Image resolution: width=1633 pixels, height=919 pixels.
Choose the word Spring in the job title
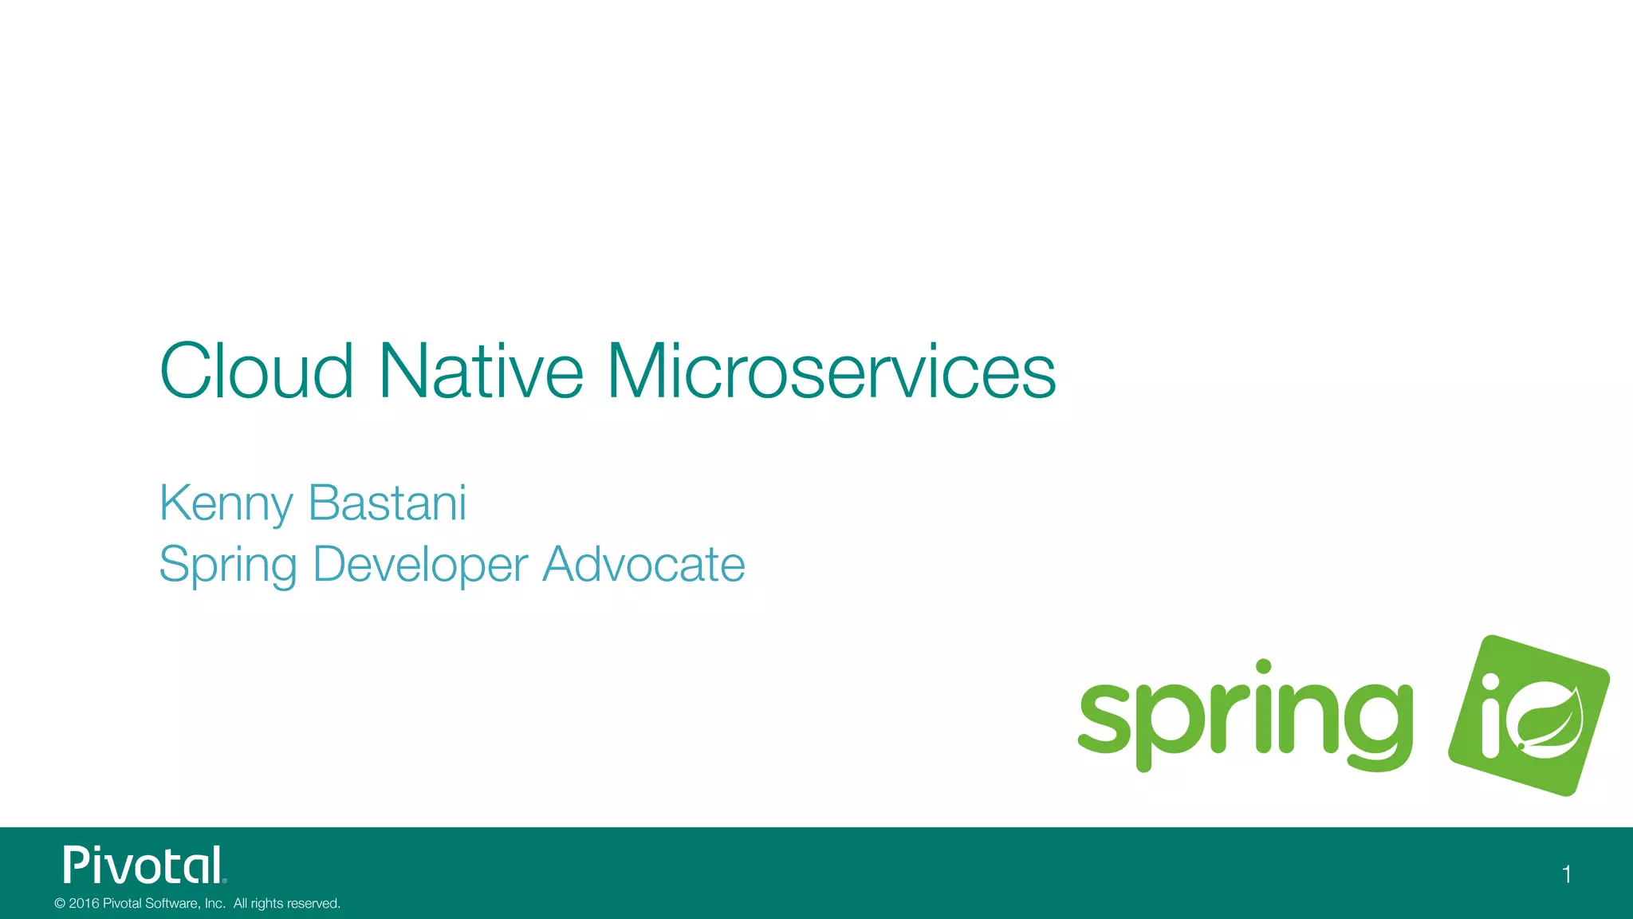(227, 566)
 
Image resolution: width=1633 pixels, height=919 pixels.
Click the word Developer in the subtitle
(420, 566)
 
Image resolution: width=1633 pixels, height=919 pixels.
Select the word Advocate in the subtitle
(643, 564)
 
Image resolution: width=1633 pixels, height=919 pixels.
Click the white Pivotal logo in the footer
(144, 866)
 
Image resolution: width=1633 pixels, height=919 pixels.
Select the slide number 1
(1566, 874)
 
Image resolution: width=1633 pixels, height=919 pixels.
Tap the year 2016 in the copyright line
(84, 903)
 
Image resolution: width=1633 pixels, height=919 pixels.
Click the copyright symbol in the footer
(60, 903)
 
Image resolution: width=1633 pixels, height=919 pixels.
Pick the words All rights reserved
(286, 903)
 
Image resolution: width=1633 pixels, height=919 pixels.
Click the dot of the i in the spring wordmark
(1263, 667)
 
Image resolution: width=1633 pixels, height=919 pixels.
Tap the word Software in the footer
(173, 903)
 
